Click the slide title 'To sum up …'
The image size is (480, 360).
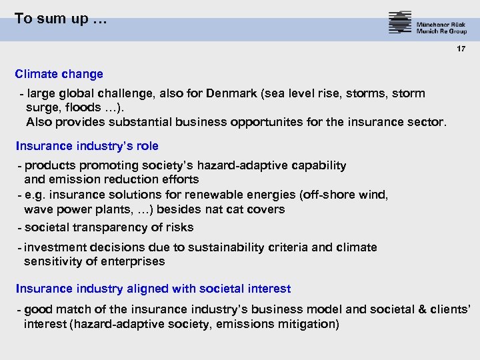pyautogui.click(x=60, y=19)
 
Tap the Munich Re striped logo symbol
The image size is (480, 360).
pyautogui.click(x=400, y=23)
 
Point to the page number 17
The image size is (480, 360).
pyautogui.click(x=461, y=50)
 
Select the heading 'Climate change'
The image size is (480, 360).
pyautogui.click(x=59, y=74)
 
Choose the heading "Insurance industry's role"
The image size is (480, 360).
pyautogui.click(x=87, y=146)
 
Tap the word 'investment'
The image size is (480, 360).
pyautogui.click(x=55, y=247)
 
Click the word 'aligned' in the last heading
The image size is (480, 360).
pyautogui.click(x=145, y=289)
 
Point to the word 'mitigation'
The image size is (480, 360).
pyautogui.click(x=307, y=324)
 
